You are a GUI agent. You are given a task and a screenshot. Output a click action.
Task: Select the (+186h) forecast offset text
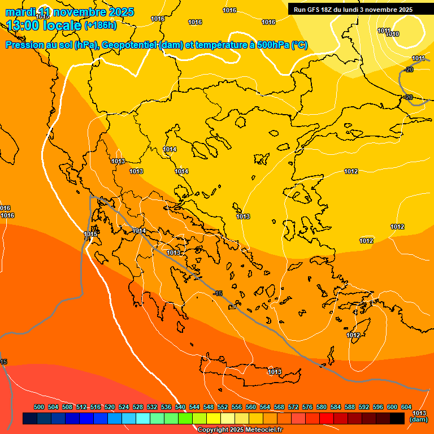tap(100, 25)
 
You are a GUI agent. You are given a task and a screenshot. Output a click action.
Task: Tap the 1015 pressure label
tap(90, 234)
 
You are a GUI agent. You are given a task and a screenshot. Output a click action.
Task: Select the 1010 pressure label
tap(392, 34)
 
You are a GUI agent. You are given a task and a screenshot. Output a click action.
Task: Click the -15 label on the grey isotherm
tap(218, 293)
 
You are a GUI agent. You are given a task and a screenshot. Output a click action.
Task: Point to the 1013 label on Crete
tap(275, 372)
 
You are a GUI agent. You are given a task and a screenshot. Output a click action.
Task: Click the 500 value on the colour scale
tap(39, 407)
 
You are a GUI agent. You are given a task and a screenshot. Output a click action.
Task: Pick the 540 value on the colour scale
tap(180, 407)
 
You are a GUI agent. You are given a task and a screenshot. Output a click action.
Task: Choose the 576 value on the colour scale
tap(307, 407)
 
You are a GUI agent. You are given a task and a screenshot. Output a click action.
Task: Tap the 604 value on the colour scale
tap(406, 407)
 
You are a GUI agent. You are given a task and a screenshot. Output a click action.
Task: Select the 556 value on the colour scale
tap(237, 407)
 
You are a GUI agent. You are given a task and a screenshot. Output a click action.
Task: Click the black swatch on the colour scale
tap(397, 418)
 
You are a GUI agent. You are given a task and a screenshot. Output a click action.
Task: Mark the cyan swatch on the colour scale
tap(143, 418)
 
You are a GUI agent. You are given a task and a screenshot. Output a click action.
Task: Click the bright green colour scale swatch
tap(185, 418)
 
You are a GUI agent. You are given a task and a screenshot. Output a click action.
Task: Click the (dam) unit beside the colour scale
tap(418, 419)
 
